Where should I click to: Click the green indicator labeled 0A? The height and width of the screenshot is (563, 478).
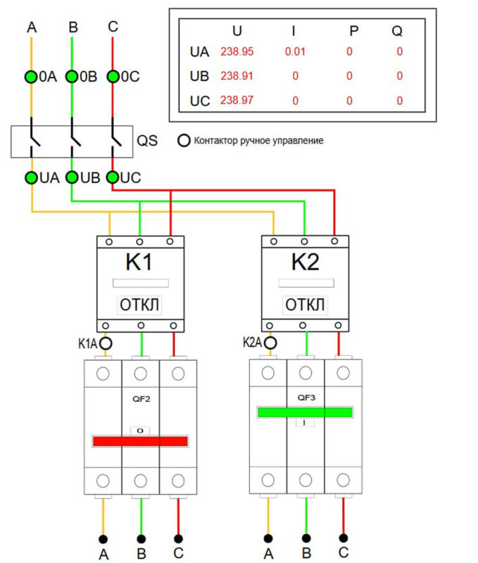tap(31, 77)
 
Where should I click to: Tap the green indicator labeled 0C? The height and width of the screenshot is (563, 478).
tap(112, 77)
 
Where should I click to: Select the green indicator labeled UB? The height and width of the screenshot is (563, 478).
tap(72, 177)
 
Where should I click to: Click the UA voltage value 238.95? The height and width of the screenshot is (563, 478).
tap(237, 51)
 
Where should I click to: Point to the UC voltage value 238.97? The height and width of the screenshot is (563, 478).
tap(237, 101)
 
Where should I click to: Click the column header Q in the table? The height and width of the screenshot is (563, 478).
tap(398, 31)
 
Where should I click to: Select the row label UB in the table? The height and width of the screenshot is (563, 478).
tap(200, 76)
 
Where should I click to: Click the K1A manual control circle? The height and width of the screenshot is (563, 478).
tap(106, 343)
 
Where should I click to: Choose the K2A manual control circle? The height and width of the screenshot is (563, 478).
tap(270, 343)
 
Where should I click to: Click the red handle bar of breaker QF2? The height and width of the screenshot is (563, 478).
tap(140, 441)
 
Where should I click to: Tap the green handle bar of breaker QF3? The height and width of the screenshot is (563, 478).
tap(305, 412)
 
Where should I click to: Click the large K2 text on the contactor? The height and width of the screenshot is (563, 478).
tap(305, 262)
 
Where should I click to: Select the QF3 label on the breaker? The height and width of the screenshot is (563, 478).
tap(305, 397)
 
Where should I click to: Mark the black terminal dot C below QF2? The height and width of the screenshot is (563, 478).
tap(179, 538)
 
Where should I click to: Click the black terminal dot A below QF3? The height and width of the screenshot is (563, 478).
tap(268, 538)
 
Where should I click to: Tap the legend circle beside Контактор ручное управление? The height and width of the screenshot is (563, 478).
tap(184, 141)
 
